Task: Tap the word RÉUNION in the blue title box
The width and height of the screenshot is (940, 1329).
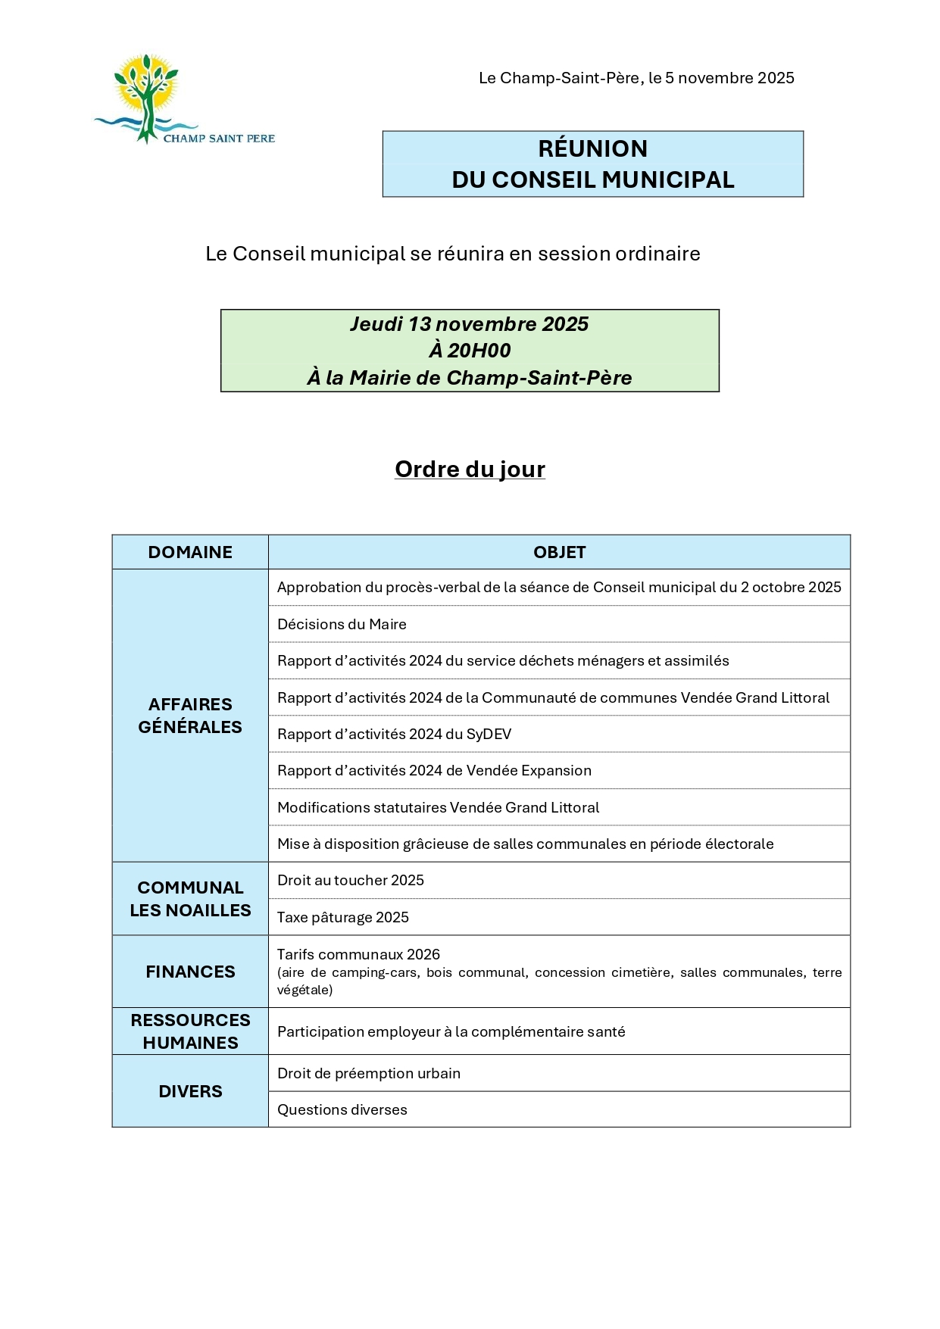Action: point(592,148)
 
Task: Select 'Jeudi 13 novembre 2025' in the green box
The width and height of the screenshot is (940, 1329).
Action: point(469,324)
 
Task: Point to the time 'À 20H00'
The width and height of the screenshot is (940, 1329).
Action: point(470,351)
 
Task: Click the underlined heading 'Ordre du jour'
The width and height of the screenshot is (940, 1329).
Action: point(470,470)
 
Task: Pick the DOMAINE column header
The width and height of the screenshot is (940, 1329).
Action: point(190,552)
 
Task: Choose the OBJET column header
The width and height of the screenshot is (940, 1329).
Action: point(559,552)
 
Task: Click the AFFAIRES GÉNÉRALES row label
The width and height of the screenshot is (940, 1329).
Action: point(190,716)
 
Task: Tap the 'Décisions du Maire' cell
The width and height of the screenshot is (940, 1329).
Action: point(342,624)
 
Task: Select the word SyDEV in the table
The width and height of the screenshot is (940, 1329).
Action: point(489,734)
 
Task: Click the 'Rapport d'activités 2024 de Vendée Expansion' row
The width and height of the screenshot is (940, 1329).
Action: point(434,770)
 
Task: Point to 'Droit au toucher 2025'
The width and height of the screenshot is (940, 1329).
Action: point(351,880)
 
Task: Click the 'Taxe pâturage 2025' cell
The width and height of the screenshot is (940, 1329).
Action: point(342,917)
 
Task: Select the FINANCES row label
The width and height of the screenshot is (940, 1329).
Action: point(190,972)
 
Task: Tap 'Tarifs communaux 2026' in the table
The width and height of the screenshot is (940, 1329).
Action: point(358,954)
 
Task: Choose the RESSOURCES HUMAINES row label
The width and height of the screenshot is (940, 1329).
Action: point(190,1031)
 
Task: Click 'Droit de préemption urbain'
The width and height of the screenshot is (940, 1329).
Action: point(369,1073)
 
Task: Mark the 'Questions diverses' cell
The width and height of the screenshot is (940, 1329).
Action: point(342,1109)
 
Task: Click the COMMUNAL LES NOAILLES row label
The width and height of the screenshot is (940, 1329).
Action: point(190,899)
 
